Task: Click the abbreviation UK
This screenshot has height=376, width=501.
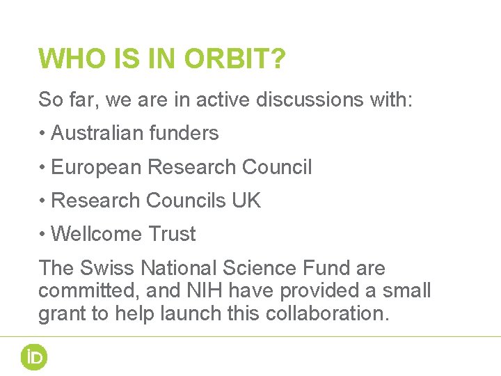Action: [246, 201]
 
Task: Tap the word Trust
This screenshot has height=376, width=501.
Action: [173, 234]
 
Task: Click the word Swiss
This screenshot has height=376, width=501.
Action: [109, 268]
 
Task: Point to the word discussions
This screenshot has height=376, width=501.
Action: [307, 100]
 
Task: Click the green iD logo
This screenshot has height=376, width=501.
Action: [33, 357]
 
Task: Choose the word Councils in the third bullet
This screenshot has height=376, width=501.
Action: [185, 201]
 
